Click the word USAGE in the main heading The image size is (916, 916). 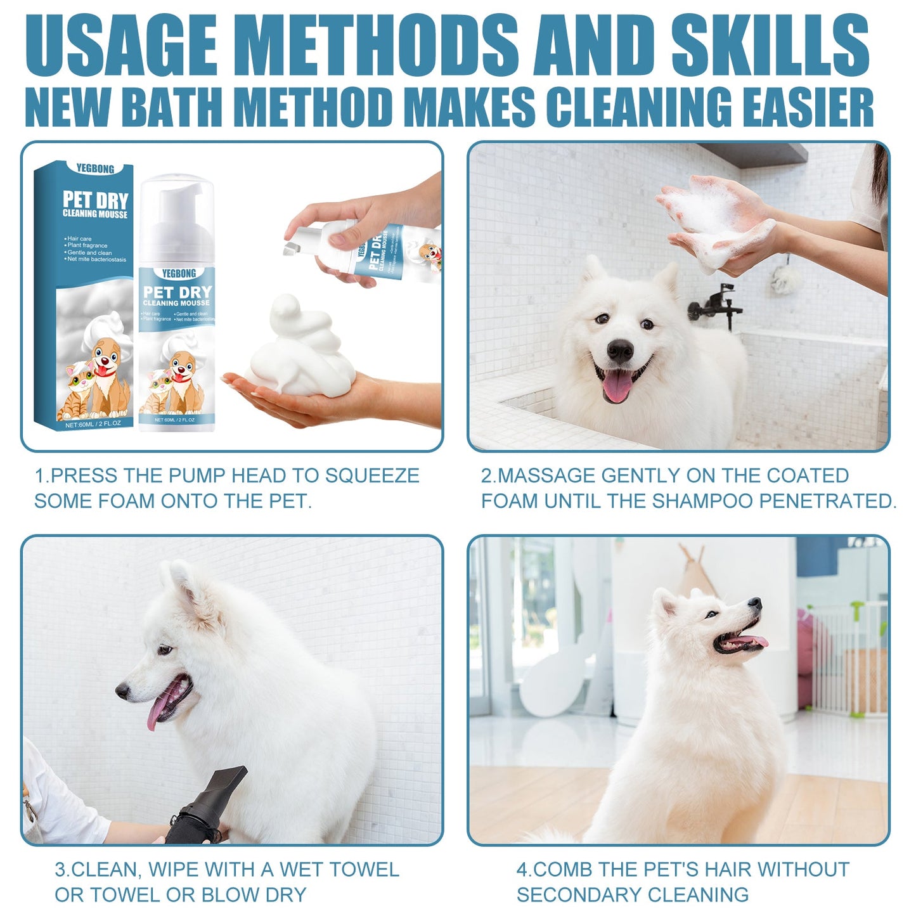pos(120,46)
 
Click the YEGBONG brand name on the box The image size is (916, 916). pos(95,169)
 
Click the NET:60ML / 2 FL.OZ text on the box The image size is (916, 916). pos(93,423)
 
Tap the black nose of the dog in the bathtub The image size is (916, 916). pos(619,350)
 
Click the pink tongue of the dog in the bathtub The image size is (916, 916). pos(617,385)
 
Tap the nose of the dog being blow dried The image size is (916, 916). pos(122,691)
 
